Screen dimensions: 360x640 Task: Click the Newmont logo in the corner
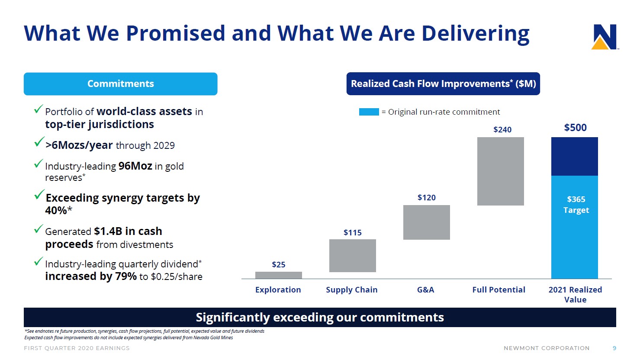coord(604,37)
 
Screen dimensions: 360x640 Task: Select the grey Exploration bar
coord(278,275)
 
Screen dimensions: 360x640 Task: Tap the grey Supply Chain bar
coord(352,256)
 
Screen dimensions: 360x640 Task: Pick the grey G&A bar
coord(426,222)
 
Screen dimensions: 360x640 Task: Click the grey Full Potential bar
coord(500,171)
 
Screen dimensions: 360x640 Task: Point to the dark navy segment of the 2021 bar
coord(574,156)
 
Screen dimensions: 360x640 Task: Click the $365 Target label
coord(576,205)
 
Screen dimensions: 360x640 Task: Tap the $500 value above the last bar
coord(575,128)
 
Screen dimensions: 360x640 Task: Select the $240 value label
coord(502,129)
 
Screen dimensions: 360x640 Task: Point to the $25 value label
coord(278,264)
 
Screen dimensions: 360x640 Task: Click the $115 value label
coord(352,232)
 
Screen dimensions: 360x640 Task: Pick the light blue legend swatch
coord(369,112)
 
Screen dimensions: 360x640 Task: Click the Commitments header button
coord(120,84)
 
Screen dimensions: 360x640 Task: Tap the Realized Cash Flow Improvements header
coord(443,84)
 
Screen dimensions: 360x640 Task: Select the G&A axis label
coord(425,290)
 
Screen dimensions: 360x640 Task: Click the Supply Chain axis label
coord(351,290)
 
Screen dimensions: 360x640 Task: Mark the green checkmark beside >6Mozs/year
coord(39,142)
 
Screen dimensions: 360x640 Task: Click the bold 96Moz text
coord(135,166)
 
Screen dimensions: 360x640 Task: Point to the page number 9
coord(614,348)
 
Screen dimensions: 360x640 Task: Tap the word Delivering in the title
coord(475,34)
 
